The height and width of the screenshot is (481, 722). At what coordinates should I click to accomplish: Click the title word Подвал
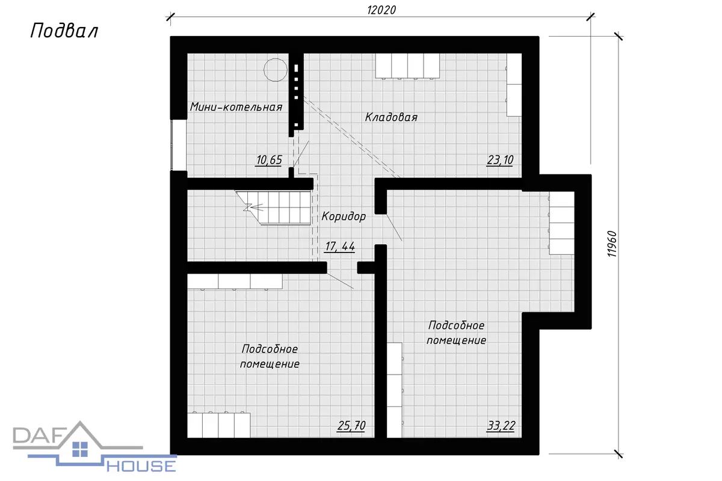tap(64, 31)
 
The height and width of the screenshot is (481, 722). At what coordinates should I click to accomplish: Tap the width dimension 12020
tap(381, 10)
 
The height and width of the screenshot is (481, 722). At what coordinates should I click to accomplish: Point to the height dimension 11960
tap(611, 244)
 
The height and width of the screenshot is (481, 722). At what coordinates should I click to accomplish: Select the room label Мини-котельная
tap(236, 106)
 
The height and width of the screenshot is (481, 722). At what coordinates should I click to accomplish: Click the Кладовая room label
tap(391, 117)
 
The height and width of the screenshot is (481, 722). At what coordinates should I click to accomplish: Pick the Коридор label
tap(344, 216)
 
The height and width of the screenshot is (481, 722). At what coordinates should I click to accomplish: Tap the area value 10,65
tap(269, 160)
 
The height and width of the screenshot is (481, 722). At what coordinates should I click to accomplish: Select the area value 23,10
tap(500, 160)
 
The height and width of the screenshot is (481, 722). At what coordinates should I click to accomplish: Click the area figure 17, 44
tap(340, 247)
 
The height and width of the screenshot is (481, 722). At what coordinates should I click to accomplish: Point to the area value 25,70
tap(351, 426)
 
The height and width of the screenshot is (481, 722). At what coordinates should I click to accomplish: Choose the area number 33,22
tap(501, 426)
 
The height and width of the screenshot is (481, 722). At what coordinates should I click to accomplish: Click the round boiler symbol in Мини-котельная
tap(276, 70)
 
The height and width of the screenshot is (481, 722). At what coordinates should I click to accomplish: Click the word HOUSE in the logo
tap(141, 466)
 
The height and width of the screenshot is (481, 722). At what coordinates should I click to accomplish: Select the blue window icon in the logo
tap(80, 449)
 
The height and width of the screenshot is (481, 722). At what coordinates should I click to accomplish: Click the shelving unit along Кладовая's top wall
tap(407, 66)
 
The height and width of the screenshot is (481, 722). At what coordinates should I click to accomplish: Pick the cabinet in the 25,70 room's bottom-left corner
tap(218, 425)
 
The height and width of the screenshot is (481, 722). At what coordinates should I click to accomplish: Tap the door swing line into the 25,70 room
tap(340, 281)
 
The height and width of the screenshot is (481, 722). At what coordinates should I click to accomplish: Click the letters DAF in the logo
tap(38, 435)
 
